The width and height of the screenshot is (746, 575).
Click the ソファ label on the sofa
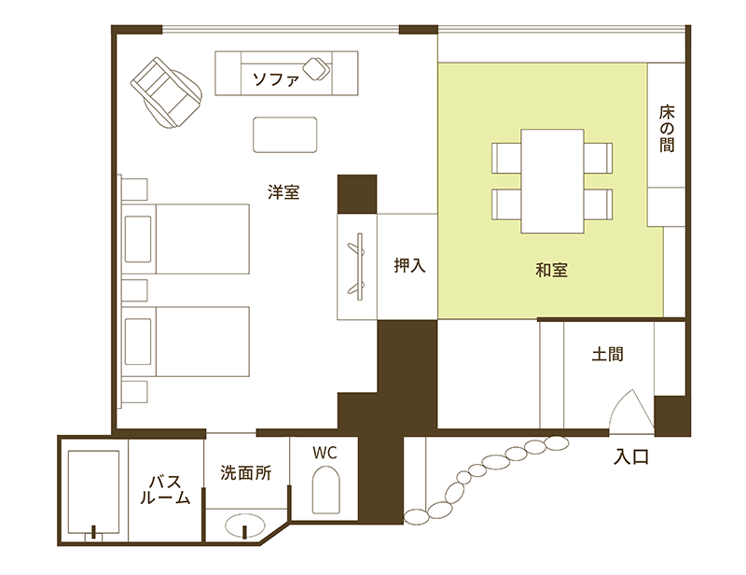click(x=276, y=78)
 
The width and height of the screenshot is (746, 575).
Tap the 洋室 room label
click(x=283, y=192)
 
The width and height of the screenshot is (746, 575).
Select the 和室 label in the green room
click(x=551, y=270)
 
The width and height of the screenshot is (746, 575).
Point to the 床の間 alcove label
click(x=667, y=129)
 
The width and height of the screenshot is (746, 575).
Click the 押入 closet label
click(x=409, y=265)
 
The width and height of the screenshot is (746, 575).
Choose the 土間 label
click(x=608, y=354)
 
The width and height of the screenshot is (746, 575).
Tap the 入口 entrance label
click(x=631, y=457)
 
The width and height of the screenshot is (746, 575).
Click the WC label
click(x=325, y=453)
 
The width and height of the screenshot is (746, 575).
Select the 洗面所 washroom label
click(x=246, y=472)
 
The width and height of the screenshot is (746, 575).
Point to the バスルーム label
click(x=165, y=490)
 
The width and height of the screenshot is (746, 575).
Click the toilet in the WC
click(x=325, y=490)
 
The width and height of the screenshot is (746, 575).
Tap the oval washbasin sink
click(x=245, y=526)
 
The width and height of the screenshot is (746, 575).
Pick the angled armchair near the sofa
click(x=167, y=92)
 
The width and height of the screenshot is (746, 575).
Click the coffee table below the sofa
click(x=285, y=134)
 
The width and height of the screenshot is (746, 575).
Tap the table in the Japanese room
click(x=552, y=181)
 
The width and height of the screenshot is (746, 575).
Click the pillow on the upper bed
click(x=138, y=239)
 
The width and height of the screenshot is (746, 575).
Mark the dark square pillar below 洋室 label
click(x=357, y=194)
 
